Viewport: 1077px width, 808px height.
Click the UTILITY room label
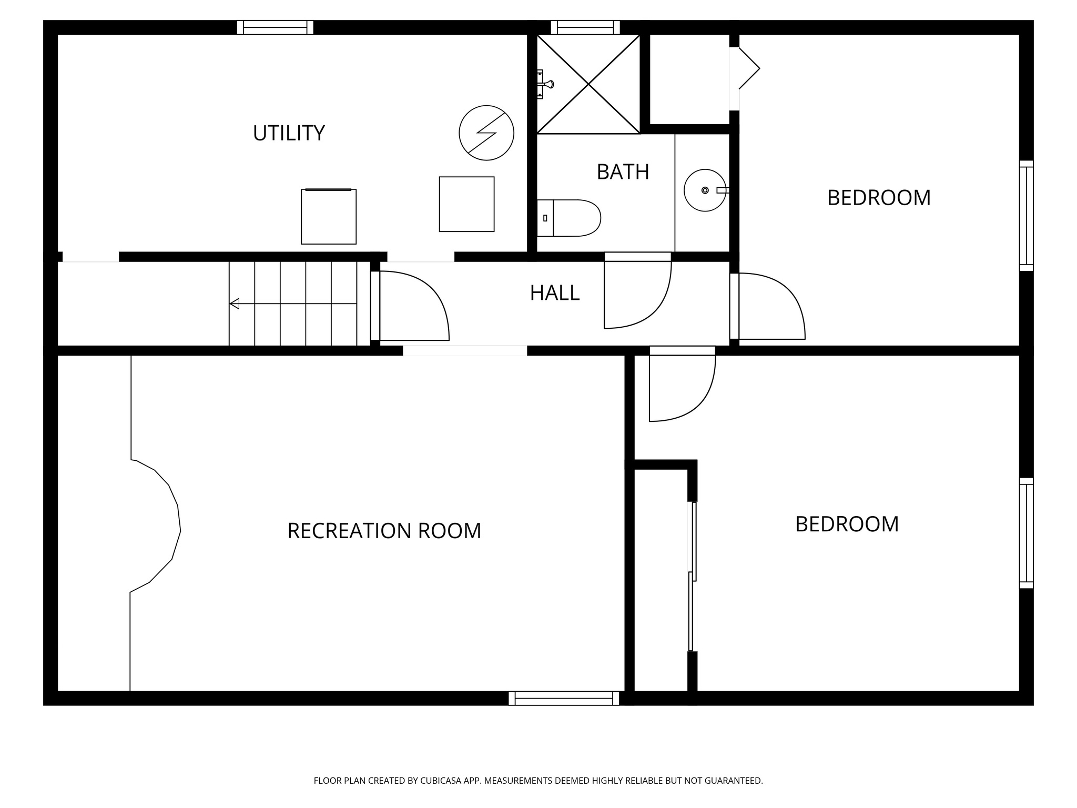coord(289,133)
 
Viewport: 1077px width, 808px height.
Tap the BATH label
coord(623,172)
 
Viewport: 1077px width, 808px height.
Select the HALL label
coord(554,293)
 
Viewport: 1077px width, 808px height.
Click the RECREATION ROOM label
coord(384,531)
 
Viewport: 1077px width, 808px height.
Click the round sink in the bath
coord(705,190)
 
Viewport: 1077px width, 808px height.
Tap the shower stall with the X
coord(588,84)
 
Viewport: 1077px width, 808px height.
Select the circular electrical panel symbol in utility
coord(486,133)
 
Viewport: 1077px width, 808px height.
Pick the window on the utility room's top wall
coord(275,27)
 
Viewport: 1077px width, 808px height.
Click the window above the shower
coord(585,27)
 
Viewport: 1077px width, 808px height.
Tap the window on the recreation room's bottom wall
coord(564,698)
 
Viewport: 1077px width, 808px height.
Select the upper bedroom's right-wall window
coord(1026,216)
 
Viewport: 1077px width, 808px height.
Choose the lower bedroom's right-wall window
coord(1026,533)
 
